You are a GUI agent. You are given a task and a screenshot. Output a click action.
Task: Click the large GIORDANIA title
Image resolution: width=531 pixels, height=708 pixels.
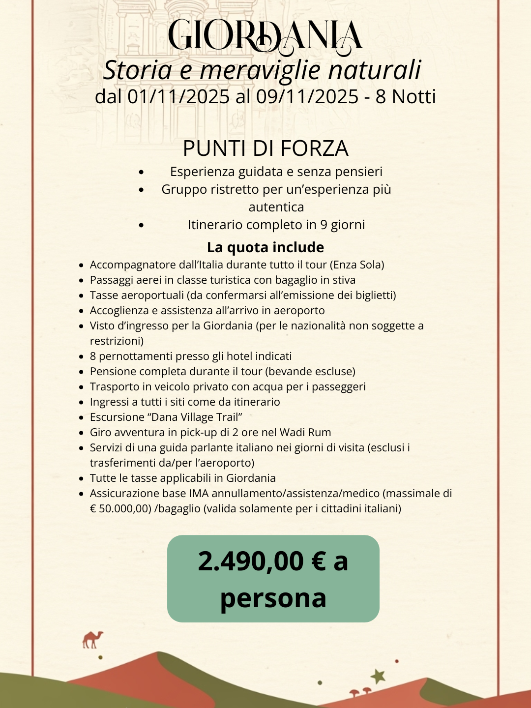(265, 35)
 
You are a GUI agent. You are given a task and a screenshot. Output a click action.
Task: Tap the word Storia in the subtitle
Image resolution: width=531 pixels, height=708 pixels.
(137, 70)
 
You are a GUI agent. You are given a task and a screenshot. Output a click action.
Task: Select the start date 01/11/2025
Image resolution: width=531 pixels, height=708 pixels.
(178, 96)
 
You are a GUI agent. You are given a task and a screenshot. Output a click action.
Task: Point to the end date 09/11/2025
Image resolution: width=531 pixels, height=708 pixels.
(307, 96)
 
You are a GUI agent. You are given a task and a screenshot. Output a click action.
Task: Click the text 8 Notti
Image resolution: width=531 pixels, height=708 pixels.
(406, 96)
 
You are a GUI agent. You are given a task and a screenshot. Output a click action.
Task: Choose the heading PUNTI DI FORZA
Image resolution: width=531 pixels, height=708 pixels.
(265, 148)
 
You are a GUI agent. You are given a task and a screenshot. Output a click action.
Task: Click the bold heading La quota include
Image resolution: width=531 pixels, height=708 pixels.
(265, 247)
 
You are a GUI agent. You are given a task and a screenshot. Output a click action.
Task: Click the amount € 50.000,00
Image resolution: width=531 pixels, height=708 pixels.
(120, 509)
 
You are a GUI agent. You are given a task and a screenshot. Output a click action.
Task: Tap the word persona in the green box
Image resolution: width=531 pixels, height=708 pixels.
(273, 598)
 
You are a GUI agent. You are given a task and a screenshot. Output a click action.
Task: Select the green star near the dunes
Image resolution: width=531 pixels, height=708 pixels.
(378, 676)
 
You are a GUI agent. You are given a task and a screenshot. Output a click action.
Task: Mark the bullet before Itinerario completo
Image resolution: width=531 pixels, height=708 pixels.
(142, 225)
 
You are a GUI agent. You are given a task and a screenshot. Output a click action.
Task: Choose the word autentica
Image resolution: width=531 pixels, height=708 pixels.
(276, 207)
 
